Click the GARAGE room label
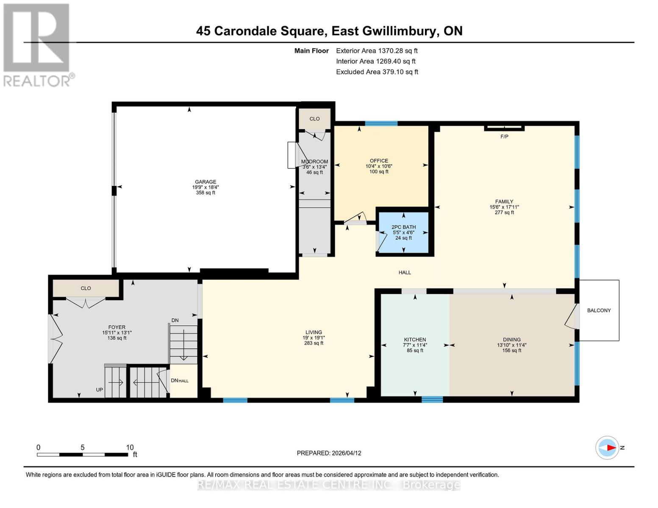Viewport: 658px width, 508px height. (205, 182)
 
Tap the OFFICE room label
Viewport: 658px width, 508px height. (379, 161)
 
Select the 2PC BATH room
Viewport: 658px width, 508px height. (403, 232)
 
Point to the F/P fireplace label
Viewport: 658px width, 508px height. (504, 137)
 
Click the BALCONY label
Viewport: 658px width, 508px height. (599, 310)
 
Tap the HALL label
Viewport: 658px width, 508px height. (405, 273)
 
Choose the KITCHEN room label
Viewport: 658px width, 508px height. (415, 340)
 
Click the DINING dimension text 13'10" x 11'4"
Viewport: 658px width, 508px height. (512, 345)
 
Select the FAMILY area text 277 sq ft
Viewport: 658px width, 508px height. (504, 213)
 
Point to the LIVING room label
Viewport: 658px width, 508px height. (314, 332)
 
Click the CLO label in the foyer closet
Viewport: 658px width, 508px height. (86, 288)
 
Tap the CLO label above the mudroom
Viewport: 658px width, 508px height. (314, 119)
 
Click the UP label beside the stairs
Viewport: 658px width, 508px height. (99, 389)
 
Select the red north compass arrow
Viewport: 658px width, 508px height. (610, 447)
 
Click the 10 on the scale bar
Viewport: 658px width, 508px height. (130, 447)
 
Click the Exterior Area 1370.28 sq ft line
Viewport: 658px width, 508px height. (377, 51)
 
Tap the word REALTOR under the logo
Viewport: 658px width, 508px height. (37, 81)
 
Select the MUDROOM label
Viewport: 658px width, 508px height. (314, 162)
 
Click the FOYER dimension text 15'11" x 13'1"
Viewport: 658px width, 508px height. (117, 333)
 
